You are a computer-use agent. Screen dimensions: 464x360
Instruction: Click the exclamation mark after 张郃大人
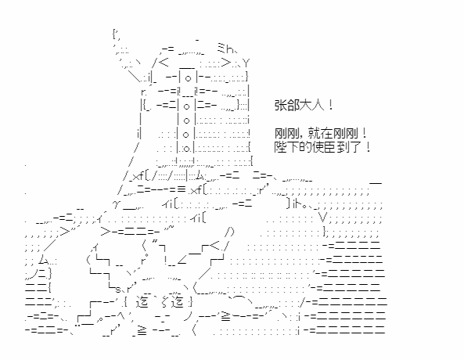click(x=331, y=105)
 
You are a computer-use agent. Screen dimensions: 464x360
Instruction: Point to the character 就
click(x=314, y=133)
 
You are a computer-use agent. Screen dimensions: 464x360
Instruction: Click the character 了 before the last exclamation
click(x=356, y=147)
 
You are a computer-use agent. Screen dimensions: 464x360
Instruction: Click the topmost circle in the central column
click(x=188, y=78)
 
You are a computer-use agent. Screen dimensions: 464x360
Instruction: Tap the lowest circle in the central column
click(x=186, y=149)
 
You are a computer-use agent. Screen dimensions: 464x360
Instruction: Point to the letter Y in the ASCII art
click(x=246, y=63)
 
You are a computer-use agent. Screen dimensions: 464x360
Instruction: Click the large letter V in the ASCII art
click(x=322, y=218)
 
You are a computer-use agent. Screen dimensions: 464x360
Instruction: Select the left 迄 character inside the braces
click(x=142, y=301)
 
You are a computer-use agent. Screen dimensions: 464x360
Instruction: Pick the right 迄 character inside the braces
click(x=178, y=301)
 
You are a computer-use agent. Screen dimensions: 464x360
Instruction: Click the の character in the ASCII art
click(x=229, y=231)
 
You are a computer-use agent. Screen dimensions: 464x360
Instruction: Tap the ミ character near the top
click(x=221, y=48)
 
